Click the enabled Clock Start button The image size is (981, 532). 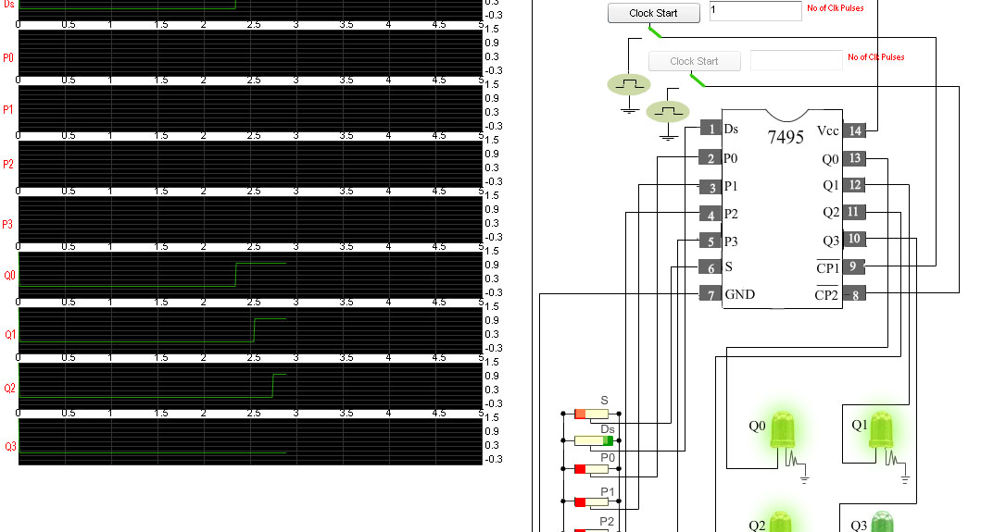[653, 13]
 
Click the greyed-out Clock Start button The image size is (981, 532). [694, 61]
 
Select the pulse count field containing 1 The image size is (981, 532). [755, 11]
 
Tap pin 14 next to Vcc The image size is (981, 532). [855, 130]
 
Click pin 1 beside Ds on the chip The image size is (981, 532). [711, 129]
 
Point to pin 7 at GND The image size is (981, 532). [711, 294]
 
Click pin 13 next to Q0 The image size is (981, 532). [855, 158]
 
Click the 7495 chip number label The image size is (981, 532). [786, 138]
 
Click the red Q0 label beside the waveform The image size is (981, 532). [9, 276]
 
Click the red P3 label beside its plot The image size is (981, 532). [8, 224]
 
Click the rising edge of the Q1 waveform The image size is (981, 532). [255, 330]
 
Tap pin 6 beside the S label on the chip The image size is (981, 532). [711, 267]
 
